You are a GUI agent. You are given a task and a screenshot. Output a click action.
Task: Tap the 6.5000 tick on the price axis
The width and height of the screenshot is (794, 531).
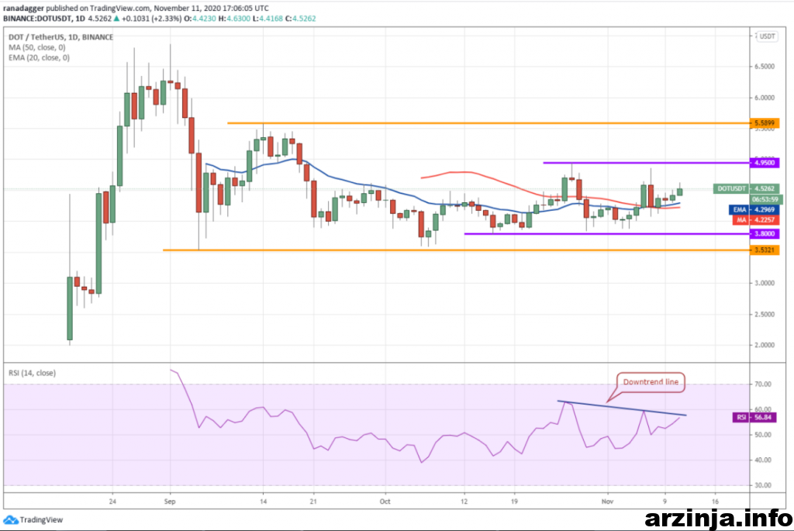click(763, 67)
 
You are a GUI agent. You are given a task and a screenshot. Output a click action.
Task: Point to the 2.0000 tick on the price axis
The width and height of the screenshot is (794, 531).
click(763, 345)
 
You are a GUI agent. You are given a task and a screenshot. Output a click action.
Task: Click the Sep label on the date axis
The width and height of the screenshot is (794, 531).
click(169, 502)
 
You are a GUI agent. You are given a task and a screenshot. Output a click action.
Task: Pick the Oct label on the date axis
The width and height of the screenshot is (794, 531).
click(384, 502)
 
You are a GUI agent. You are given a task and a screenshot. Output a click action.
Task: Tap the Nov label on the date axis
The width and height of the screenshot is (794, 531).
click(608, 502)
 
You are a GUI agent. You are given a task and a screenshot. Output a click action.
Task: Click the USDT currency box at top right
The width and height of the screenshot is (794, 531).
click(768, 36)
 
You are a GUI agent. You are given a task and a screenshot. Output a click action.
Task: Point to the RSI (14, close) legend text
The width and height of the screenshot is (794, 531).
click(32, 373)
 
